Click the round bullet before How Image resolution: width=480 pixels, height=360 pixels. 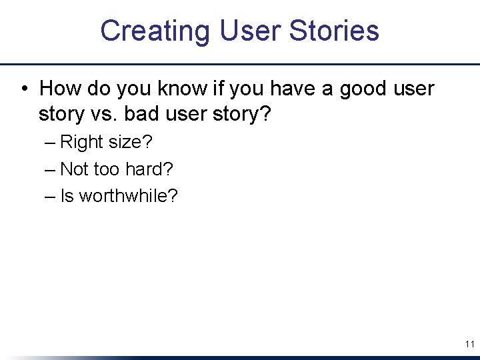point(23,89)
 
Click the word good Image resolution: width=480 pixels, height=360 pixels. point(366,89)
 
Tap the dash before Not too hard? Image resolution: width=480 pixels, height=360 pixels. point(51,169)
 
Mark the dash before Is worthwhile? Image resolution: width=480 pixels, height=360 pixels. point(51,196)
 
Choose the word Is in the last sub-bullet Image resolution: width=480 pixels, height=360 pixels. point(67,196)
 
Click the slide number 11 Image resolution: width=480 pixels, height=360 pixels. point(469,344)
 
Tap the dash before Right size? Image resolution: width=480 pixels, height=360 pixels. point(51,142)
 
